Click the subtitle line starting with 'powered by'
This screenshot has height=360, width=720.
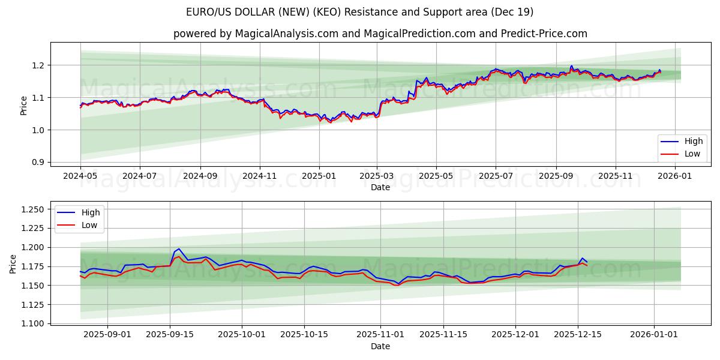(380, 34)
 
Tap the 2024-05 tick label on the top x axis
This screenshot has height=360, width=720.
(80, 176)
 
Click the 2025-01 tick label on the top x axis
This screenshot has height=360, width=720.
(319, 176)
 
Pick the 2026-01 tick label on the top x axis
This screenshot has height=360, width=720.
(675, 176)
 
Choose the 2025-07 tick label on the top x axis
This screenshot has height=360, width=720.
(496, 176)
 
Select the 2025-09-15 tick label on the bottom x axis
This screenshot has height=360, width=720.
(170, 335)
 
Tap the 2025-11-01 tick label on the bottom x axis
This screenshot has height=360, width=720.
(380, 335)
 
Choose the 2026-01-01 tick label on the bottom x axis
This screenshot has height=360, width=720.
(653, 335)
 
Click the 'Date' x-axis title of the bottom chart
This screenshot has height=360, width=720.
(380, 346)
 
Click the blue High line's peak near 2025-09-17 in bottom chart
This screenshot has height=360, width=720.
(179, 248)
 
